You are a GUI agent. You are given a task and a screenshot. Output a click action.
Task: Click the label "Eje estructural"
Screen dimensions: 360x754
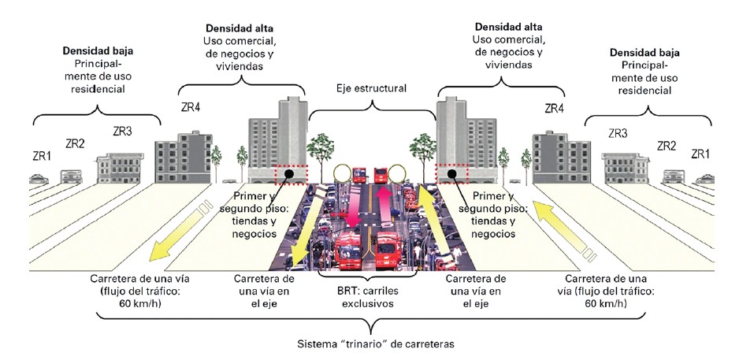(x=372, y=89)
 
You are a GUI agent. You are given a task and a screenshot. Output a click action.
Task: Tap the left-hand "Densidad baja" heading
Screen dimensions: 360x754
(x=97, y=51)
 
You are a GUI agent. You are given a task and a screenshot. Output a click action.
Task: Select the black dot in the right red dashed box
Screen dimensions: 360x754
(x=452, y=173)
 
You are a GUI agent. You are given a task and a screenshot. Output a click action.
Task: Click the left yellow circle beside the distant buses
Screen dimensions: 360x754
(x=344, y=173)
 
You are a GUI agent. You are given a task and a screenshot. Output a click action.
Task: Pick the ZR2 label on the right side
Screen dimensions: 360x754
(x=667, y=146)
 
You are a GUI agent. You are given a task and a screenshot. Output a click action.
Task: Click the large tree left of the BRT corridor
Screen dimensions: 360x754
(x=321, y=150)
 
